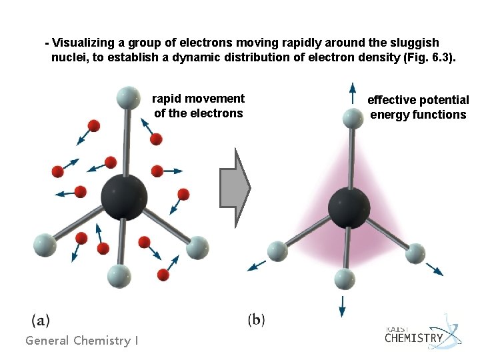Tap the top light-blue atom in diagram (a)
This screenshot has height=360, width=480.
[127, 97]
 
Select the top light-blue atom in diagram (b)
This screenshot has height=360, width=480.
[351, 118]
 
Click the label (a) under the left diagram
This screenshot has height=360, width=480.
[40, 320]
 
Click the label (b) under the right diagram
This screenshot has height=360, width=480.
[256, 320]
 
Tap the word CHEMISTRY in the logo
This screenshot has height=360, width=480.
[413, 338]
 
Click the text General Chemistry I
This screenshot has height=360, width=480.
[82, 341]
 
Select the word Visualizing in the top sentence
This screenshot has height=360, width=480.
[84, 42]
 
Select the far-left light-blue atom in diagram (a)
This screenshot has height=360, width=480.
[44, 244]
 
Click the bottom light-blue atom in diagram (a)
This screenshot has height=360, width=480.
[119, 274]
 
